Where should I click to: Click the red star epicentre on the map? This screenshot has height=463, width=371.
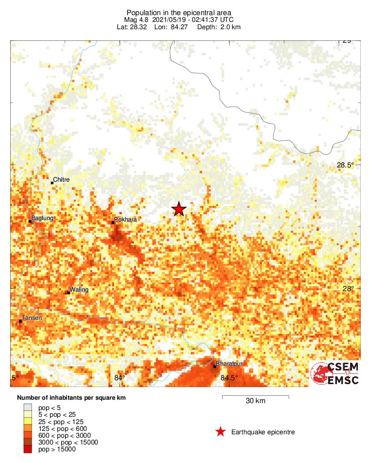pyautogui.click(x=179, y=209)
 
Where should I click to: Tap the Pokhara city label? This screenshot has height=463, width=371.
pyautogui.click(x=125, y=220)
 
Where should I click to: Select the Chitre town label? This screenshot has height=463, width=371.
pyautogui.click(x=61, y=180)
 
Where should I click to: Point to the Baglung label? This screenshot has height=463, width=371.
pyautogui.click(x=42, y=218)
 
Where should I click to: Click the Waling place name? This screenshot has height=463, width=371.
pyautogui.click(x=79, y=290)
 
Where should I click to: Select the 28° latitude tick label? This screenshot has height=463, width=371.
pyautogui.click(x=348, y=289)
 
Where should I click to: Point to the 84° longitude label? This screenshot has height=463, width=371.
pyautogui.click(x=120, y=377)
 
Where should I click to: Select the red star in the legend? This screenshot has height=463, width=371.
pyautogui.click(x=220, y=432)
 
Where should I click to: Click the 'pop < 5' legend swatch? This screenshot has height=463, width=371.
pyautogui.click(x=27, y=407)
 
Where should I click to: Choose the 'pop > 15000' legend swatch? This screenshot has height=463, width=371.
pyautogui.click(x=27, y=449)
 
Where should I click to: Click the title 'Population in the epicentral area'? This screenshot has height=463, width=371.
pyautogui.click(x=179, y=13)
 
